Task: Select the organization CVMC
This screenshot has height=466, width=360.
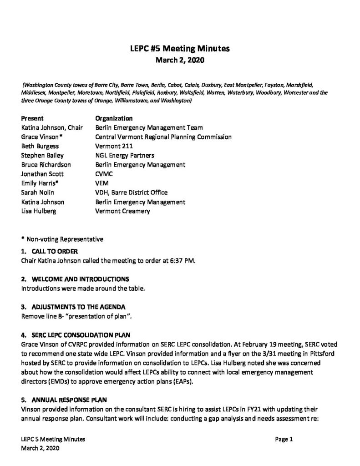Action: tap(104, 174)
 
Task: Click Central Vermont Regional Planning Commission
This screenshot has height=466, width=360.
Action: tap(163, 137)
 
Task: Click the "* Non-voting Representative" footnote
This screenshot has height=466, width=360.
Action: tap(62, 238)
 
